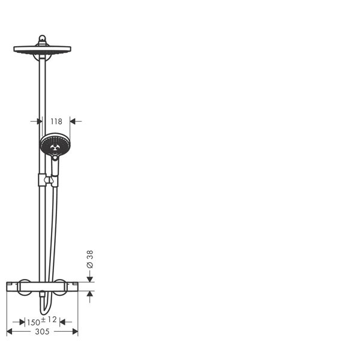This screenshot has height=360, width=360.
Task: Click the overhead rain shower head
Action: (x=42, y=50)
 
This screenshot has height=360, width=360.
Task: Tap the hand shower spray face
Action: (x=55, y=145)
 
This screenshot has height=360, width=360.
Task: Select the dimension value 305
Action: (x=42, y=332)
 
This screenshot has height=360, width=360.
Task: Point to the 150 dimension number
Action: (x=33, y=323)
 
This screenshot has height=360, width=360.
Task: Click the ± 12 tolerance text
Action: (x=49, y=320)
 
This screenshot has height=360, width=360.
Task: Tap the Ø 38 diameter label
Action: (x=90, y=259)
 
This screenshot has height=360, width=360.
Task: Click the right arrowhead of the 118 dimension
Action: (x=73, y=121)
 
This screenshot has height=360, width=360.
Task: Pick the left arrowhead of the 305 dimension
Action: (x=10, y=332)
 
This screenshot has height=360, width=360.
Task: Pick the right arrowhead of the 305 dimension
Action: (x=75, y=332)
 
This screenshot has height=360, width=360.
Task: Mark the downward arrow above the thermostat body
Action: (x=90, y=278)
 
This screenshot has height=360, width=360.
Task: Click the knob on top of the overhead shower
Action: (x=42, y=39)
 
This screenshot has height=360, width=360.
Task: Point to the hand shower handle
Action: (x=55, y=167)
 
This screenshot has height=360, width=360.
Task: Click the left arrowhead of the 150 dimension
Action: (x=22, y=322)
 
